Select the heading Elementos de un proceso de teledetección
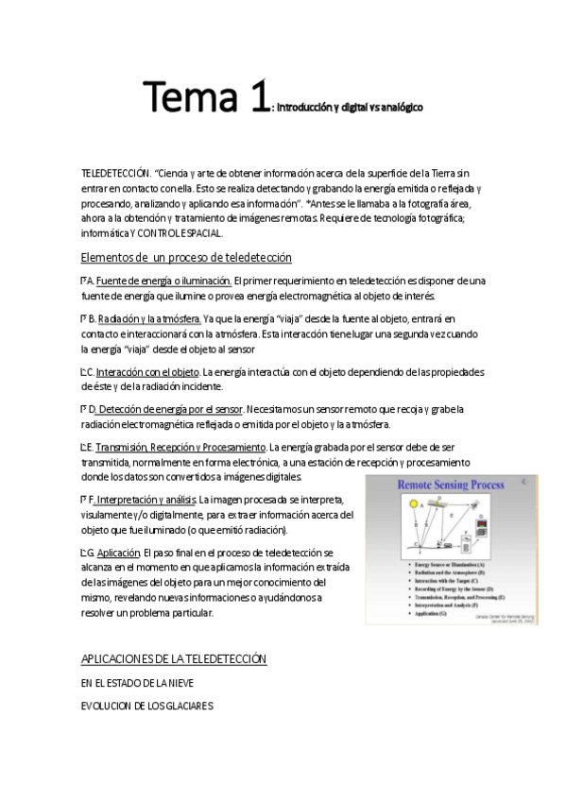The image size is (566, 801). click(186, 258)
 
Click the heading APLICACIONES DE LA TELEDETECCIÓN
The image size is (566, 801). click(174, 658)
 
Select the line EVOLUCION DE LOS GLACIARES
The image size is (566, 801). click(147, 706)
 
